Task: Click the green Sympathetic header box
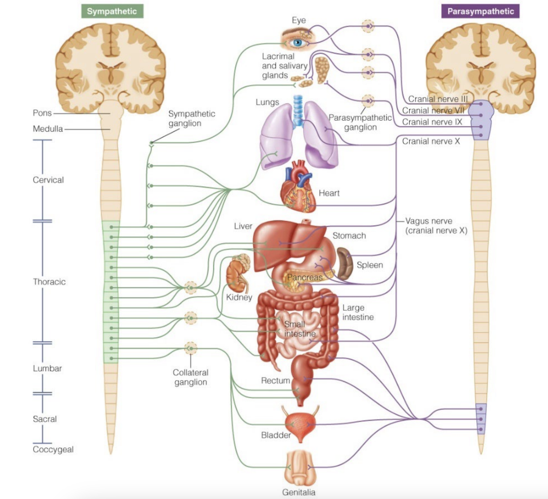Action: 112,11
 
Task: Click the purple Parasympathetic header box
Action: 480,11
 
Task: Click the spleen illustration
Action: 344,264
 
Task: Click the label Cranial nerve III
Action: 438,99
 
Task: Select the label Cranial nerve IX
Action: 432,122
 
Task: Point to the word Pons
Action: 42,113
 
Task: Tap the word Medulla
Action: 48,129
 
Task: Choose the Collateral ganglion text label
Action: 191,377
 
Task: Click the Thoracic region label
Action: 49,282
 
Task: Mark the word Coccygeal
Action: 53,449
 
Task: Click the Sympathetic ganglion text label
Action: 191,119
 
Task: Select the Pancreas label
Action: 305,277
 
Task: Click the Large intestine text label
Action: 358,312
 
